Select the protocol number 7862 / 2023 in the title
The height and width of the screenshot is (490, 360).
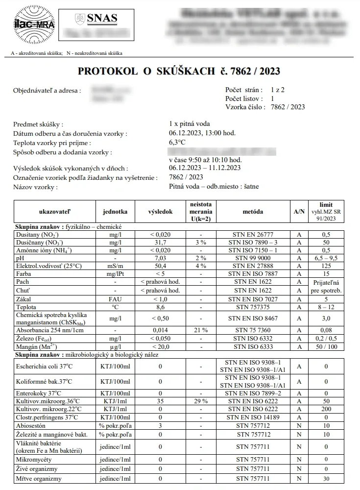pyautogui.click(x=254, y=72)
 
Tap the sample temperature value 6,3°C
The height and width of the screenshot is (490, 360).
pyautogui.click(x=177, y=143)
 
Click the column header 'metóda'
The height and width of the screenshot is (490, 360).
pyautogui.click(x=253, y=212)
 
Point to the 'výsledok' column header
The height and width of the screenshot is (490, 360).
pyautogui.click(x=160, y=212)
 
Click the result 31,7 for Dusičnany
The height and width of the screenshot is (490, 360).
pyautogui.click(x=160, y=242)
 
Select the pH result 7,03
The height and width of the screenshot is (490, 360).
pyautogui.click(x=160, y=258)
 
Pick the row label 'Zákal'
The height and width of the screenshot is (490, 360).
pyautogui.click(x=24, y=299)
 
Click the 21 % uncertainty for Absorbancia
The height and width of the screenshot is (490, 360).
pyautogui.click(x=201, y=330)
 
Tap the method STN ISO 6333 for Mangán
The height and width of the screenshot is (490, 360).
pyautogui.click(x=253, y=346)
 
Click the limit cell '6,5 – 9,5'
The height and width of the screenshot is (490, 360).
pyautogui.click(x=326, y=258)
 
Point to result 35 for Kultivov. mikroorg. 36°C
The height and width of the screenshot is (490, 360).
pyautogui.click(x=160, y=401)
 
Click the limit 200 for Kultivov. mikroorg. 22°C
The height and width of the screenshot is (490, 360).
pyautogui.click(x=326, y=409)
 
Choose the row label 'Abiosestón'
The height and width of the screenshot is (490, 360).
pyautogui.click(x=31, y=425)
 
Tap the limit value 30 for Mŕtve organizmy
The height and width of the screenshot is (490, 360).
pyautogui.click(x=326, y=478)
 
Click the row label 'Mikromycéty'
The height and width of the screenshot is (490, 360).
pyautogui.click(x=34, y=460)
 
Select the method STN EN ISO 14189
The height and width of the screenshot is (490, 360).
pyautogui.click(x=253, y=417)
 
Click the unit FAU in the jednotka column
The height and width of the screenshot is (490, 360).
pyautogui.click(x=116, y=299)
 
